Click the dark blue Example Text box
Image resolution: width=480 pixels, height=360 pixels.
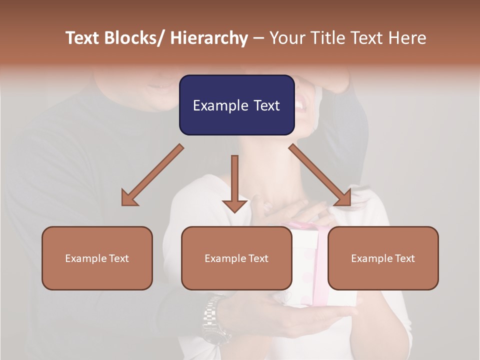click(236, 105)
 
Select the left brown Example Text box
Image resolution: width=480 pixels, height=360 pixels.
click(97, 258)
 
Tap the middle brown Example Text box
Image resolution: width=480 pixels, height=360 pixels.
click(236, 258)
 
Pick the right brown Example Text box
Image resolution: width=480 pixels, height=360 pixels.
click(383, 258)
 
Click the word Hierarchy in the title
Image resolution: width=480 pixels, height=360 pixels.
click(209, 38)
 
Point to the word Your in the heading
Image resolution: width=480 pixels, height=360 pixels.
click(287, 38)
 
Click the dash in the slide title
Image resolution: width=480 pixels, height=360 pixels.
click(258, 38)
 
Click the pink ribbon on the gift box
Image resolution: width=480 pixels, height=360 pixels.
click(320, 235)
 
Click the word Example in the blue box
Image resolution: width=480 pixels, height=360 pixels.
click(216, 105)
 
